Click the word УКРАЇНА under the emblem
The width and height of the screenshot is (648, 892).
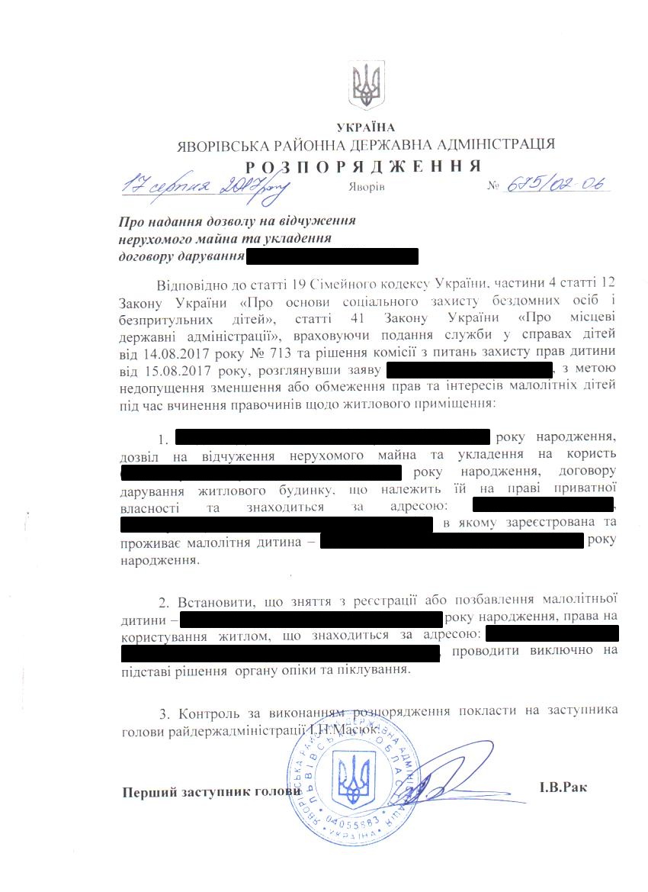point(366,127)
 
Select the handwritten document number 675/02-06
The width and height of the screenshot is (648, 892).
point(558,184)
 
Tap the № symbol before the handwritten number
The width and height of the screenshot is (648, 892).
point(493,185)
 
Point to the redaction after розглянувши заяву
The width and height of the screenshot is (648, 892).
point(469,372)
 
